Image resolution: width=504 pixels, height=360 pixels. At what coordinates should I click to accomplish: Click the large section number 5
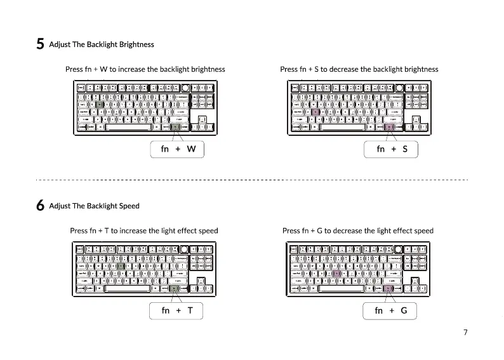40,44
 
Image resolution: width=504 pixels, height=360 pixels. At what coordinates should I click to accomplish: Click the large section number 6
40,206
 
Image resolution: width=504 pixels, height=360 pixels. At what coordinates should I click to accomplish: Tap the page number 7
465,332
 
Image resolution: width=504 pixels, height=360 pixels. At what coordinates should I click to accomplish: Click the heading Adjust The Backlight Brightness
102,44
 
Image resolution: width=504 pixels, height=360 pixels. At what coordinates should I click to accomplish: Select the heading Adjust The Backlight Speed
94,206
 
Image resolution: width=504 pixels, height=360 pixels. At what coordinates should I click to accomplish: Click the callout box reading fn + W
178,149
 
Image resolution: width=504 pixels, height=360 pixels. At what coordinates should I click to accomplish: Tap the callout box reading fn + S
391,149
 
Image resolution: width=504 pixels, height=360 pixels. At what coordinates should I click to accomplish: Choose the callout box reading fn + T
176,310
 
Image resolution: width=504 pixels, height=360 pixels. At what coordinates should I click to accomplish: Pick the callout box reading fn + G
390,310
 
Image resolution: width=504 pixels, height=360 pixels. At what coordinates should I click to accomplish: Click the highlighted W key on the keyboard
100,104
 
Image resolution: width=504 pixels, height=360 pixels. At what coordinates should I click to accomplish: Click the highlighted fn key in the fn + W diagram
175,127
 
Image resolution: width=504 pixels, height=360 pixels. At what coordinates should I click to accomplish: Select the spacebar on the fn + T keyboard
126,288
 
